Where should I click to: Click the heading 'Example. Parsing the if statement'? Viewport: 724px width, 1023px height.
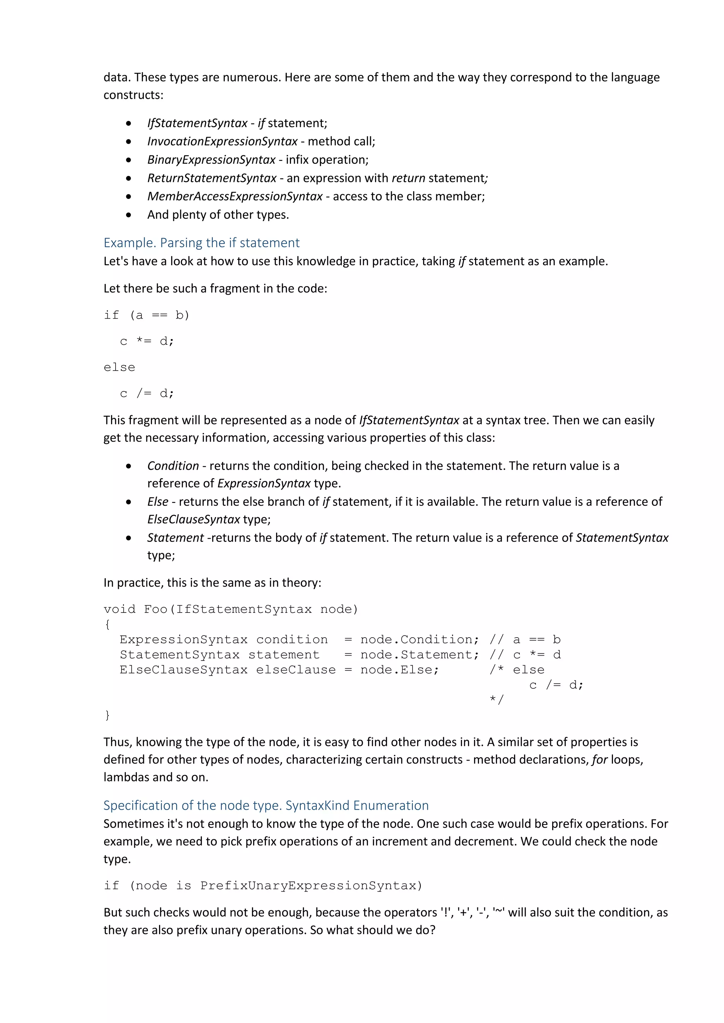coord(202,243)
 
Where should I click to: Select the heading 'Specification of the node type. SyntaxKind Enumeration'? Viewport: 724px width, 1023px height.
coord(266,805)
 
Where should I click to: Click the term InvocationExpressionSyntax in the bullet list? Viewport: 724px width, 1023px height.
coord(222,142)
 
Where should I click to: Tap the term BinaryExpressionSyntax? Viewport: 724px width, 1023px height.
coord(211,160)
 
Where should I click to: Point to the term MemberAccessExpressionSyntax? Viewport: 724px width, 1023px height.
coord(235,196)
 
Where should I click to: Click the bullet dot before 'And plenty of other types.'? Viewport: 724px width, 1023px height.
coord(129,215)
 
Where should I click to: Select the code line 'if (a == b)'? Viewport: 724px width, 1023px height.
coord(147,315)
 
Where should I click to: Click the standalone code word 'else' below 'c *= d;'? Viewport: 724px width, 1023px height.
coord(119,368)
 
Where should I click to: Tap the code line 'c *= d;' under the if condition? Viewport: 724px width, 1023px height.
coord(147,342)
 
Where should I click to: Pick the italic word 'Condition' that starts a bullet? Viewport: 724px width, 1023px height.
coord(173,466)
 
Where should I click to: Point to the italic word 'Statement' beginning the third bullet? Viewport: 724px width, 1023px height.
coord(175,538)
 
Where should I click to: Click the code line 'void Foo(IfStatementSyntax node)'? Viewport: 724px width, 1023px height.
coord(230,609)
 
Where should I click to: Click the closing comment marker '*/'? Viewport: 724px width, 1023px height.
coord(496,699)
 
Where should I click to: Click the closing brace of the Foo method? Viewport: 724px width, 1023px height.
coord(107,715)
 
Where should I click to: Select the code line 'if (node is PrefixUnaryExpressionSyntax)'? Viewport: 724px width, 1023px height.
coord(263,886)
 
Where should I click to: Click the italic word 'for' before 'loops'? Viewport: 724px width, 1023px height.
coord(600,760)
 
